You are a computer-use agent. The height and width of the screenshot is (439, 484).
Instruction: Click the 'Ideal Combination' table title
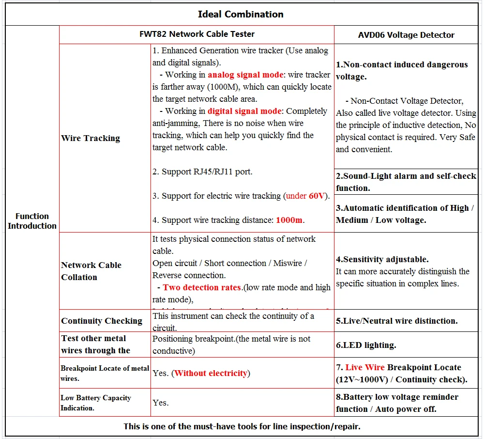pyautogui.click(x=241, y=14)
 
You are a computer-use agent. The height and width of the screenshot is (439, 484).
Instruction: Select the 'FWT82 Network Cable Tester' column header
pyautogui.click(x=197, y=34)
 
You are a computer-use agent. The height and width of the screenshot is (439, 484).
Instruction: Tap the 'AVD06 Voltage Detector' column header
pyautogui.click(x=406, y=35)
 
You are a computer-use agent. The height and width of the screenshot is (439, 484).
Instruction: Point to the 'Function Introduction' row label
pyautogui.click(x=32, y=221)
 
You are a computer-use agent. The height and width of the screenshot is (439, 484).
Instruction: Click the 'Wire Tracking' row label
pyautogui.click(x=91, y=138)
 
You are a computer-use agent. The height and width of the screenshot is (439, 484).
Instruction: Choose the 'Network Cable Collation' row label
pyautogui.click(x=91, y=271)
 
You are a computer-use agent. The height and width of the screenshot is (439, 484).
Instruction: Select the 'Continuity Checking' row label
pyautogui.click(x=102, y=321)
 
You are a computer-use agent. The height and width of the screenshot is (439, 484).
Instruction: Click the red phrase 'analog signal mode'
pyautogui.click(x=245, y=75)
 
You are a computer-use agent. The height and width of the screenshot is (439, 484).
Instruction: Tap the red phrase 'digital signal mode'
pyautogui.click(x=244, y=111)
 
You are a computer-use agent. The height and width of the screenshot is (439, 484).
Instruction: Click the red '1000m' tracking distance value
pyautogui.click(x=289, y=220)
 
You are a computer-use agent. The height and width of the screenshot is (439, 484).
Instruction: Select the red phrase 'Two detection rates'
pyautogui.click(x=202, y=287)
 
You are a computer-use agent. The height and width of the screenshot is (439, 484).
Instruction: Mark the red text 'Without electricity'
pyautogui.click(x=211, y=373)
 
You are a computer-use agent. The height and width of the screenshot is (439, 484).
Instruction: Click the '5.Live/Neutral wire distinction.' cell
pyautogui.click(x=396, y=321)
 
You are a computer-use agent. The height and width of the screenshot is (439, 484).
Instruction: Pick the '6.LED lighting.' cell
pyautogui.click(x=366, y=345)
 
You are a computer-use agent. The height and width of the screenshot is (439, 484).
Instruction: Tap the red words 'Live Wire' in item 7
pyautogui.click(x=365, y=367)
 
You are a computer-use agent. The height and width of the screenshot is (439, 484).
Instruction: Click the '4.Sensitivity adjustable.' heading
pyautogui.click(x=382, y=259)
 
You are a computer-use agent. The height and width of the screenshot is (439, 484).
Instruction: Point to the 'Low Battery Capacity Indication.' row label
pyautogui.click(x=96, y=403)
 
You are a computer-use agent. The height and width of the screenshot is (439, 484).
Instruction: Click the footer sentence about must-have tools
pyautogui.click(x=242, y=426)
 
